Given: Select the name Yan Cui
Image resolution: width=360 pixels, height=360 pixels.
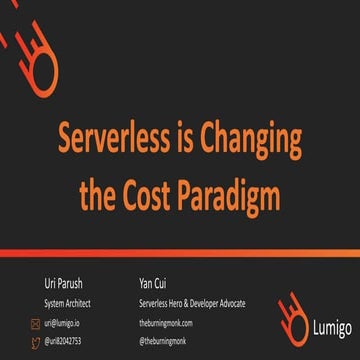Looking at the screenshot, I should pos(157,284).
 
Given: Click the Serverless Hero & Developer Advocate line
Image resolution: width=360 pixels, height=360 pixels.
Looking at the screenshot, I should pos(193,303).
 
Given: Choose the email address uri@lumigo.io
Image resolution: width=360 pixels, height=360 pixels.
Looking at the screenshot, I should pos(60,322).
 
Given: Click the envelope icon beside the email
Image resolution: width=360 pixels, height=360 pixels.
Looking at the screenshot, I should pos(35,322).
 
